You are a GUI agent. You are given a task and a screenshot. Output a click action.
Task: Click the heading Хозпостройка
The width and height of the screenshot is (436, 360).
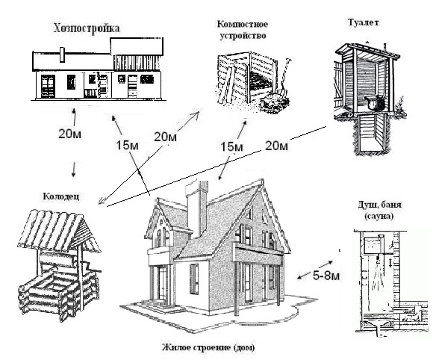coord(87,29)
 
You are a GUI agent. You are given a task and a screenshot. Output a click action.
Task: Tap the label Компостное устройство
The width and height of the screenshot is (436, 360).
coord(243,30)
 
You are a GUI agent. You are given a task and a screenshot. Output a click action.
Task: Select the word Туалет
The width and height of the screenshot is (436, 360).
coord(364,22)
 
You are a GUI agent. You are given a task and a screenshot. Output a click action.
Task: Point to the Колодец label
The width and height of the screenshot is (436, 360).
coord(61,196)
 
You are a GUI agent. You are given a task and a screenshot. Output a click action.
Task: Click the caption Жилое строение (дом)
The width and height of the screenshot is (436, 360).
coord(208,347)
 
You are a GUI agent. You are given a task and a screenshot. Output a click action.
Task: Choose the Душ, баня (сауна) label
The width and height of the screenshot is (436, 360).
coord(379,211)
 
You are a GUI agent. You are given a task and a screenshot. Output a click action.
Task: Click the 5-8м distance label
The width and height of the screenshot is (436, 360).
coord(326,276)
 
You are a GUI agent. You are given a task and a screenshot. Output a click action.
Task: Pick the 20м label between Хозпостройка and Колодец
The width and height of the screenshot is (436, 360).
coord(69,134)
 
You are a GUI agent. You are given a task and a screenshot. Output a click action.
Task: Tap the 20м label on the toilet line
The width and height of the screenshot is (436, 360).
coord(276,146)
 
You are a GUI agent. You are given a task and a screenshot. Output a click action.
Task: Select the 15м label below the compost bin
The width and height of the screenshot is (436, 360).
coord(231,146)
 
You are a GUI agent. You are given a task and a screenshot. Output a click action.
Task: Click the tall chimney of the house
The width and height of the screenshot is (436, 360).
coord(197,208)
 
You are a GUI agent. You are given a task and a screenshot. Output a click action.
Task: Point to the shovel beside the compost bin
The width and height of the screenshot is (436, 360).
coord(283,78)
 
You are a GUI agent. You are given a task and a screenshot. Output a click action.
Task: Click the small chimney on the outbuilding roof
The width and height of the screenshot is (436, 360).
coord(62,55)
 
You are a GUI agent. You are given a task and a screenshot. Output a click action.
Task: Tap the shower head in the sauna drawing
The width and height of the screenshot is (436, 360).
coord(378,261)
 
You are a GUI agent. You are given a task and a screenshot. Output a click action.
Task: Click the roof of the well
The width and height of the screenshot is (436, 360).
coord(59,230)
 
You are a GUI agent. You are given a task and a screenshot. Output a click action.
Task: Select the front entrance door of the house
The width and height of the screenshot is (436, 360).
coord(161,283)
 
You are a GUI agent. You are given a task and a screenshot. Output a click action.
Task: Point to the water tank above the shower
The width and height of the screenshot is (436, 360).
coord(373,246)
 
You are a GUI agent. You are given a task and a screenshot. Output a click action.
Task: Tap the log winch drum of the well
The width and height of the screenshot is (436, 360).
coord(57,259)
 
